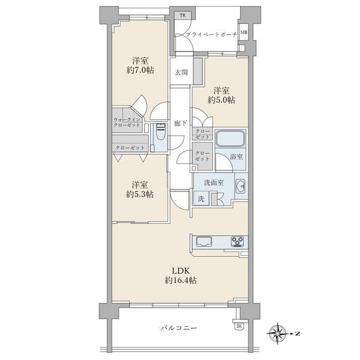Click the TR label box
click(x=183, y=16)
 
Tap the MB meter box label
click(x=244, y=32)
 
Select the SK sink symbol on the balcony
click(x=239, y=326)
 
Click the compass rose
click(x=278, y=334)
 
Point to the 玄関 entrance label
click(x=181, y=73)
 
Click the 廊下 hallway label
click(x=181, y=124)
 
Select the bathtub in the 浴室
click(x=230, y=139)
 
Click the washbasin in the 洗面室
click(x=241, y=185)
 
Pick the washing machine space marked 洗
click(x=201, y=198)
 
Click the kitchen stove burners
click(x=238, y=242)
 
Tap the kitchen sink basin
click(x=204, y=242)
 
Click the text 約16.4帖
click(x=181, y=280)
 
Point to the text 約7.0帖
click(x=140, y=70)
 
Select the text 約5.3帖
click(x=140, y=194)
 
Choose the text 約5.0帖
click(x=221, y=100)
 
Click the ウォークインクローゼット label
click(x=127, y=122)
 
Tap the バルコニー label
click(x=179, y=328)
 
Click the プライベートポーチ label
click(x=211, y=35)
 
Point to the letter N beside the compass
click(x=298, y=334)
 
